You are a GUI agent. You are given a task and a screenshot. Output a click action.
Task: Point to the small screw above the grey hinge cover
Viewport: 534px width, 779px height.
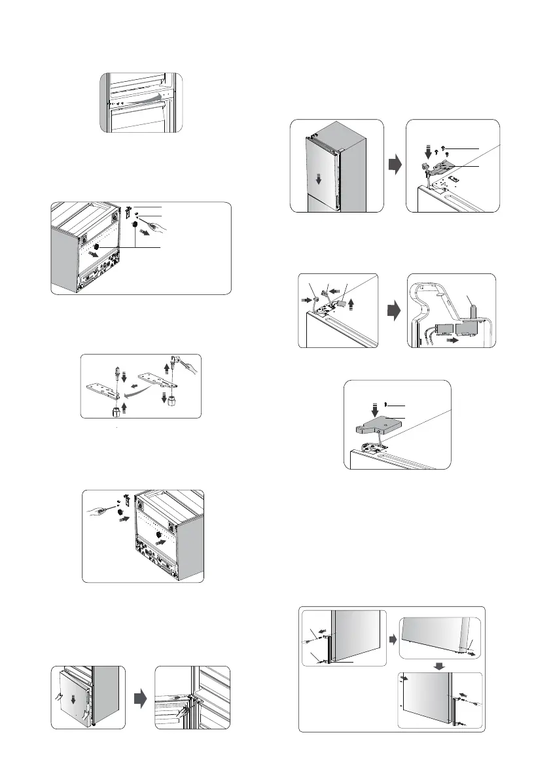tap(387, 404)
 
